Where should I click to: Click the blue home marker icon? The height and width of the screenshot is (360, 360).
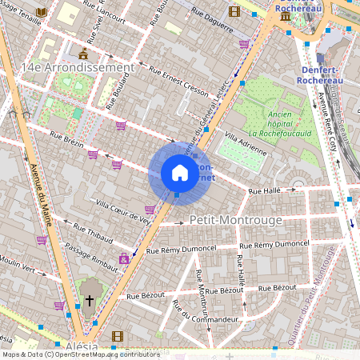pyautogui.click(x=180, y=173)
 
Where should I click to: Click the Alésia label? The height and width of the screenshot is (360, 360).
pyautogui.click(x=82, y=346)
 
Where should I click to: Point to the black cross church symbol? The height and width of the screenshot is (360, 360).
pyautogui.click(x=90, y=301)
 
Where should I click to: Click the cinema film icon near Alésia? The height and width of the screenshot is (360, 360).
pyautogui.click(x=118, y=336)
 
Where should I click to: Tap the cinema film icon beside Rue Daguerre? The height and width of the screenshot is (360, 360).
pyautogui.click(x=234, y=11)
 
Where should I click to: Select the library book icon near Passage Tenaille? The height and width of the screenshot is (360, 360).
pyautogui.click(x=42, y=12)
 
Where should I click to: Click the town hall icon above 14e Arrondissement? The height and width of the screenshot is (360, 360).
pyautogui.click(x=84, y=54)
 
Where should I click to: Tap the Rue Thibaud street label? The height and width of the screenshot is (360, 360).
pyautogui.click(x=91, y=233)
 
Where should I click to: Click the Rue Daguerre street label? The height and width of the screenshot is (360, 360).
pyautogui.click(x=213, y=20)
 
